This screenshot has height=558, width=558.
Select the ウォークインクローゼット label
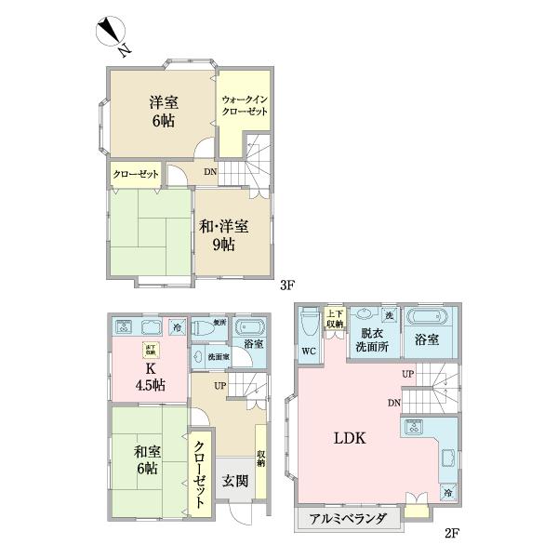click(x=245, y=105)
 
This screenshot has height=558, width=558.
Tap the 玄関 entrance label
click(x=234, y=481)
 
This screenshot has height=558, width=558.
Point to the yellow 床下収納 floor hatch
click(x=149, y=350)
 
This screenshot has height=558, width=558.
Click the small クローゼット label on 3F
click(x=136, y=174)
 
